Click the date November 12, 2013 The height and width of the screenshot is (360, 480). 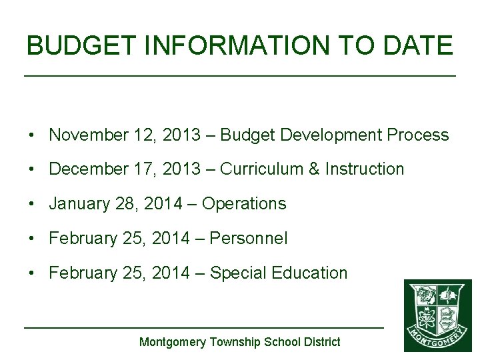click(125, 135)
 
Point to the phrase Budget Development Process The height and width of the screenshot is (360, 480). click(334, 135)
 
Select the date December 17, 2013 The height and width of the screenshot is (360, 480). click(125, 169)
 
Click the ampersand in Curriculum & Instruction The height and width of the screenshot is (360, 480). click(313, 169)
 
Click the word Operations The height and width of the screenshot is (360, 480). click(244, 204)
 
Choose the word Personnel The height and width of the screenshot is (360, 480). click(249, 238)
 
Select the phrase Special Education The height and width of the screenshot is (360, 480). click(279, 273)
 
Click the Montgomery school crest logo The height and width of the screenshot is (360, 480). click(437, 315)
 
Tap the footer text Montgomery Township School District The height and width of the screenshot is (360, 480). click(239, 342)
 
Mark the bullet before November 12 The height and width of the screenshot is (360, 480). click(32, 135)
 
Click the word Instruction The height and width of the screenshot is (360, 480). click(365, 169)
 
